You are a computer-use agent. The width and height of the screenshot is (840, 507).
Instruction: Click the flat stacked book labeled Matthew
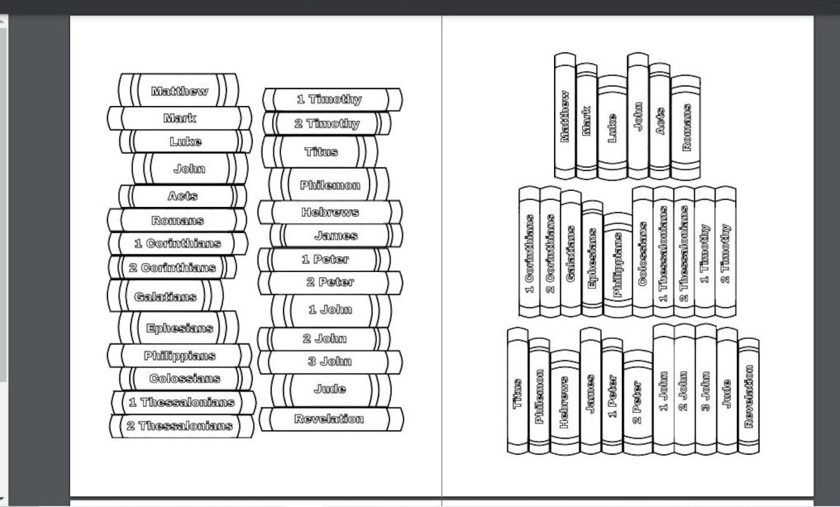[179, 90]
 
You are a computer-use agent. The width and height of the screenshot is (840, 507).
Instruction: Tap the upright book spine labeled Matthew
[564, 116]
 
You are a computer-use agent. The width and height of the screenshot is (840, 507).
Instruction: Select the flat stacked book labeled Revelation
[331, 419]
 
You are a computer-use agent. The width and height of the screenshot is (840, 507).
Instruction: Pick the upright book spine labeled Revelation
[749, 396]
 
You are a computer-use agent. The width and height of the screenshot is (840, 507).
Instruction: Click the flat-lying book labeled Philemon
[329, 184]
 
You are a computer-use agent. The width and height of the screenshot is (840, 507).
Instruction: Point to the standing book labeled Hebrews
[564, 402]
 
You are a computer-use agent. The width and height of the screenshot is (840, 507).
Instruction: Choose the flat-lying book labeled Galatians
[166, 296]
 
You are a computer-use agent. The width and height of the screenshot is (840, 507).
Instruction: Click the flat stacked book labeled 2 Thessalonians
[181, 426]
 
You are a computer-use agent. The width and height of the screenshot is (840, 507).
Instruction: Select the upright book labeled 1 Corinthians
[529, 252]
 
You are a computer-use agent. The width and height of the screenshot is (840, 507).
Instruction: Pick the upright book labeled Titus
[517, 391]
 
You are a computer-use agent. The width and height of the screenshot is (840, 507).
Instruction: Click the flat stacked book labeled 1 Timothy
[332, 99]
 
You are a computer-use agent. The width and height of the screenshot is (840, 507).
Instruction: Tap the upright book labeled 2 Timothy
[725, 252]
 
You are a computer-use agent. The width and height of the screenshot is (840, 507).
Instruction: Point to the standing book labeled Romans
[685, 127]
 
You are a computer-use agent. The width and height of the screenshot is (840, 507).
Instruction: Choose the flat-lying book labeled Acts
[183, 196]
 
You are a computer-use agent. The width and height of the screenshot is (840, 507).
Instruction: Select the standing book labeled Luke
[612, 127]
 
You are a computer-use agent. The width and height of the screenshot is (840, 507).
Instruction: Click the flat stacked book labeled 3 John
[330, 362]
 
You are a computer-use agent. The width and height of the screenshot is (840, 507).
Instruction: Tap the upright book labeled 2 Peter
[637, 402]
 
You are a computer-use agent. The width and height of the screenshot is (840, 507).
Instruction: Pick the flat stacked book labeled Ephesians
[179, 327]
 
